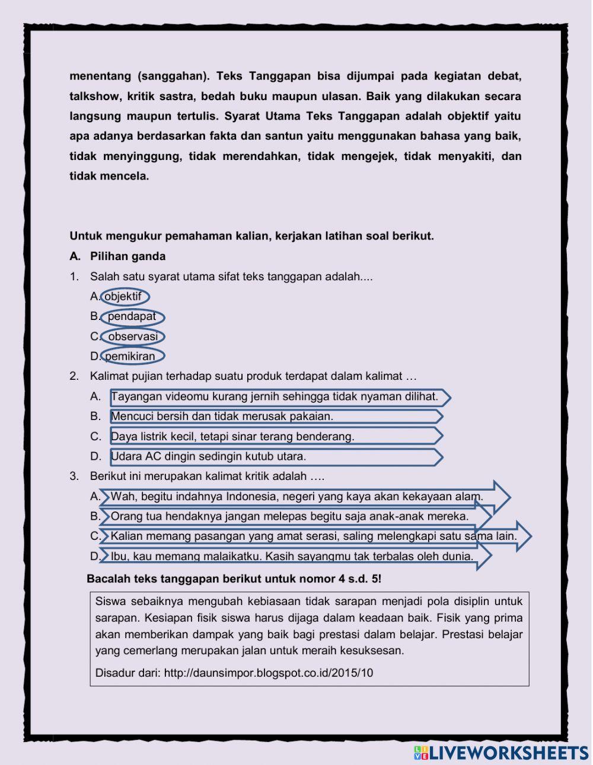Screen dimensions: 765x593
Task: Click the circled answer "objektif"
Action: pos(124,296)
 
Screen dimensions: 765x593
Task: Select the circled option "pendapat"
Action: pos(132,316)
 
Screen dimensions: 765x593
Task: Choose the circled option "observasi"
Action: pos(132,337)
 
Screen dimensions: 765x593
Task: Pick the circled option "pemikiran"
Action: pos(132,357)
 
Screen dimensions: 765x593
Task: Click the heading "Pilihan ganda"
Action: pos(127,257)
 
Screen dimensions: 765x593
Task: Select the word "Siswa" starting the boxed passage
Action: pos(110,601)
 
